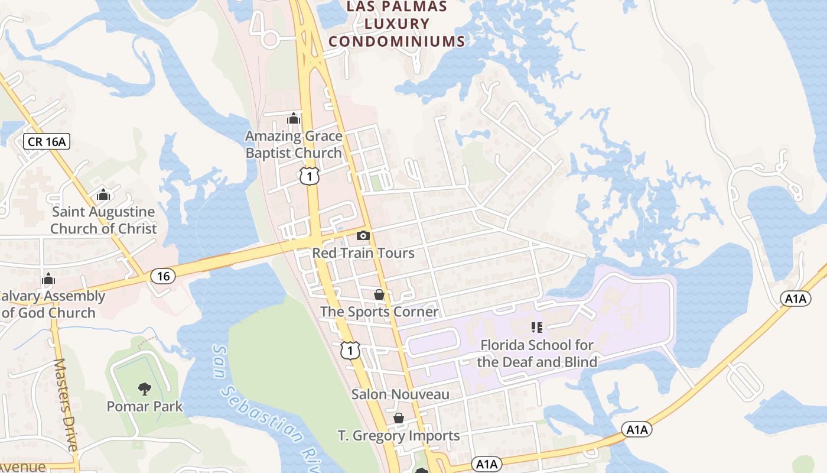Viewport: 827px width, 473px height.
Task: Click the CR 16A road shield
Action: coord(47,141)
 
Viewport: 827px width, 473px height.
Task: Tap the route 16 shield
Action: coord(163,276)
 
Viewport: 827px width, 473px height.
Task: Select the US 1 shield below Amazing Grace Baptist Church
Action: coord(309,176)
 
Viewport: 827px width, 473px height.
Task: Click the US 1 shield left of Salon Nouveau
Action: coord(350,350)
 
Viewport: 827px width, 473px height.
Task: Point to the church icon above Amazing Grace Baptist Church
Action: coord(294,118)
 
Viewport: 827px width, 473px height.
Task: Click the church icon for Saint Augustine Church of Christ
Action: coord(103,194)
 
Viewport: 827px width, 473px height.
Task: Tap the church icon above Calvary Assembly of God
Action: coord(48,278)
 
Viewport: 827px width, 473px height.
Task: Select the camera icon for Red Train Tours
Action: coord(363,236)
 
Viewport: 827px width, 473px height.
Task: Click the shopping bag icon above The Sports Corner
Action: coord(379,294)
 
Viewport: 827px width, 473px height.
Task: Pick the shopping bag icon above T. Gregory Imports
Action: coord(399,419)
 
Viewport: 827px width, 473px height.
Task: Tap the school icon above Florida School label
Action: coord(537,327)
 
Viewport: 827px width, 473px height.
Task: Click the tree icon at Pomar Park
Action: coord(144,388)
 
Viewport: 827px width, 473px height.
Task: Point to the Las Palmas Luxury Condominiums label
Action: coord(396,24)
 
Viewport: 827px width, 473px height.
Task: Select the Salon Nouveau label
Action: coord(401,394)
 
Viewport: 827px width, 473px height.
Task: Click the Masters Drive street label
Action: coord(66,405)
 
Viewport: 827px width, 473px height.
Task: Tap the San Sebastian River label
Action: coord(266,408)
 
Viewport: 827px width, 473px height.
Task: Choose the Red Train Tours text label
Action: coord(363,253)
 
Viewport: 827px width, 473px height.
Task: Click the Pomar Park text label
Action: coord(145,407)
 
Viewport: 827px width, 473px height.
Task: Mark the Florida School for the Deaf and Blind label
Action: coord(537,353)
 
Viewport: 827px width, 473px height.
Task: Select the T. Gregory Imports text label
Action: coord(399,436)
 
